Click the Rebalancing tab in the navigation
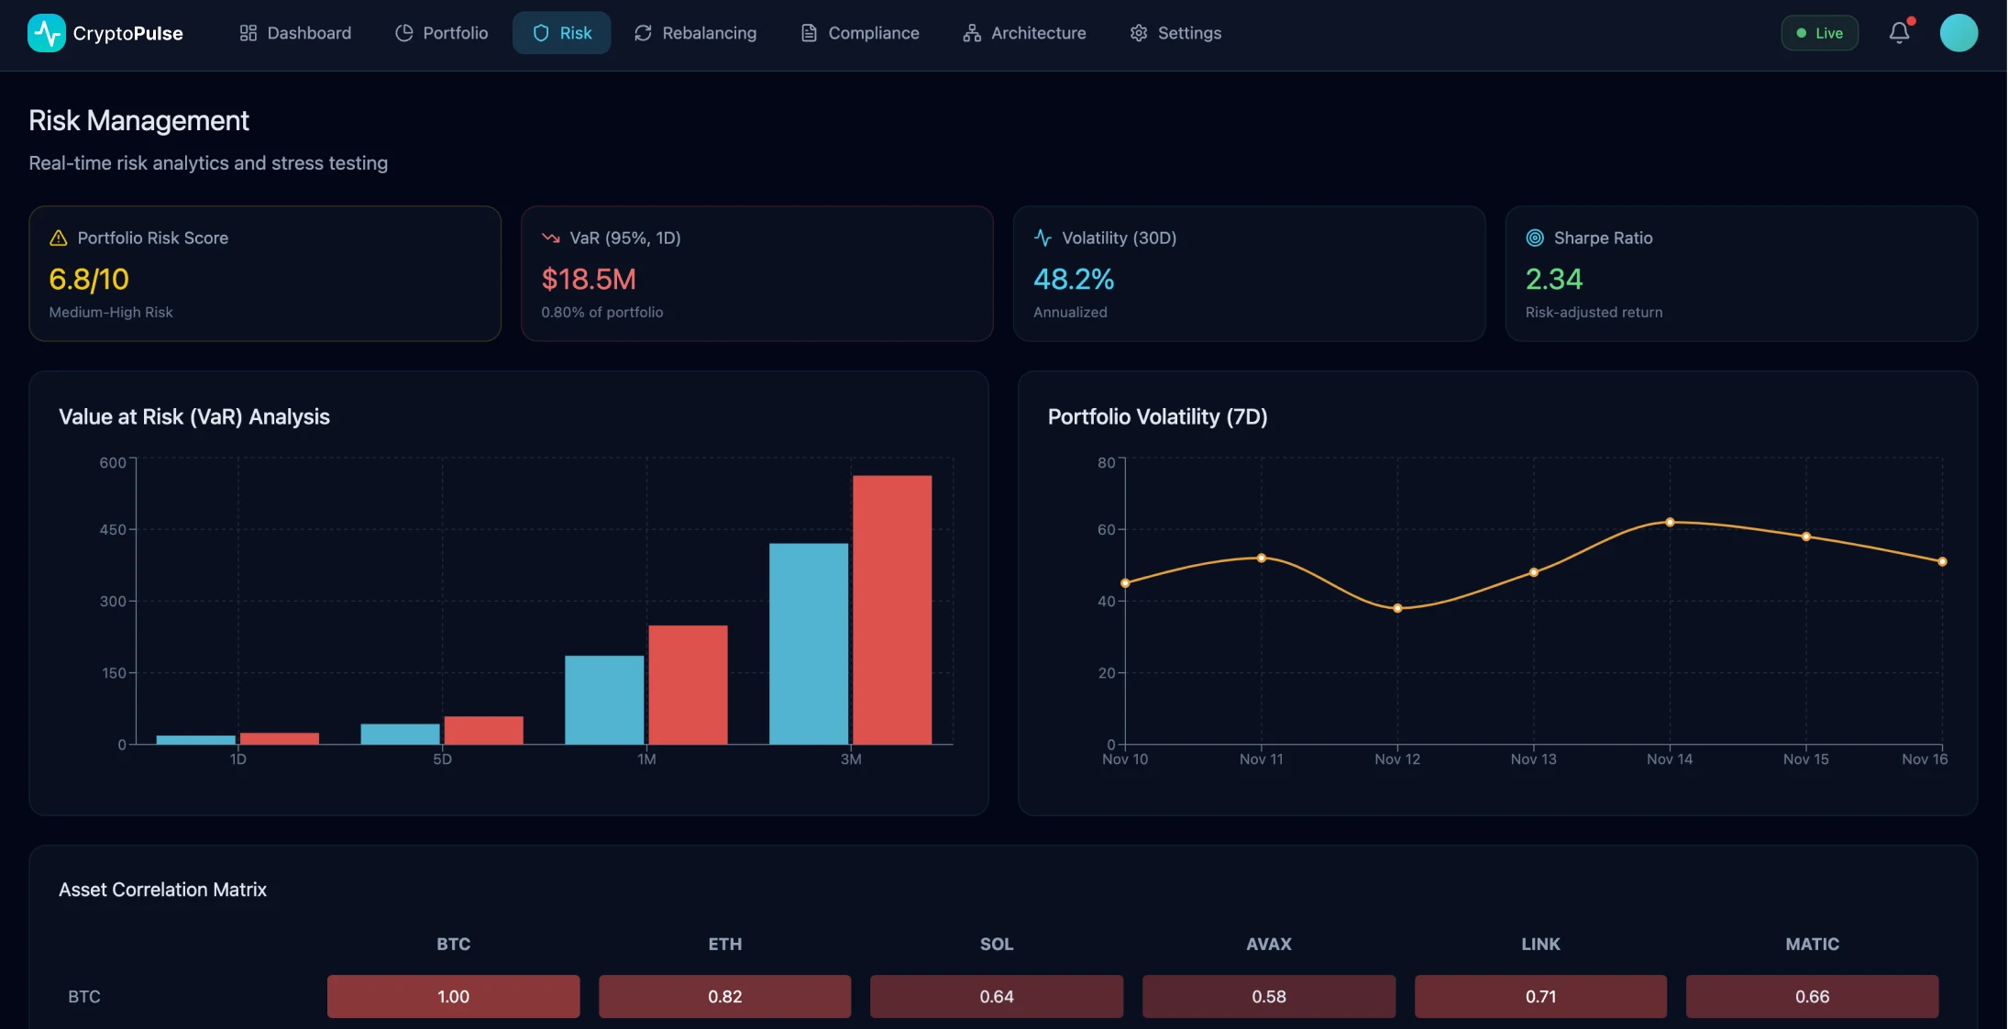point(695,33)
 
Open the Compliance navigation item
point(859,33)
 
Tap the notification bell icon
point(1899,33)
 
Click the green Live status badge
point(1819,33)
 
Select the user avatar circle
point(1958,33)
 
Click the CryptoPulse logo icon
point(47,33)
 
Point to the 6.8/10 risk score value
point(89,279)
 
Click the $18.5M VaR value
point(589,279)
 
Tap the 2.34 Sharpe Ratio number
point(1553,279)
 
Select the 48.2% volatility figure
point(1074,279)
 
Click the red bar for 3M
point(891,610)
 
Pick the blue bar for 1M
point(604,699)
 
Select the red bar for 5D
point(483,730)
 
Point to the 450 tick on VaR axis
point(113,530)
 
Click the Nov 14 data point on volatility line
point(1670,523)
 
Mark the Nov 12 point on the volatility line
point(1397,608)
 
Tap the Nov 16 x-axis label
point(1924,759)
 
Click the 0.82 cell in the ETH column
point(724,996)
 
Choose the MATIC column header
point(1812,944)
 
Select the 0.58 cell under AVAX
point(1268,996)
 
